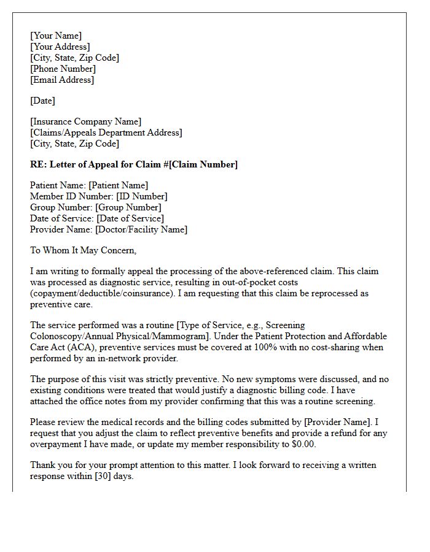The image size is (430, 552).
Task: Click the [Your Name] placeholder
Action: point(56,36)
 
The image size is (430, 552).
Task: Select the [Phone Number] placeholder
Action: point(63,69)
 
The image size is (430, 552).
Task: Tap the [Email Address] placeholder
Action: point(62,80)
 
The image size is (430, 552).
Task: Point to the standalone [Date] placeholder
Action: point(42,101)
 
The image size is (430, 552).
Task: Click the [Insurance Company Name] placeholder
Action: point(85,121)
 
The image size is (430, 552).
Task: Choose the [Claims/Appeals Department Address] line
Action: point(106,132)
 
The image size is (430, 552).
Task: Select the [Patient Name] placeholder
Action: point(118,185)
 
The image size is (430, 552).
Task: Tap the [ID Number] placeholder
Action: point(141,196)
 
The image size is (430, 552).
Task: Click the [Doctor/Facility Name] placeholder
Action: point(141,229)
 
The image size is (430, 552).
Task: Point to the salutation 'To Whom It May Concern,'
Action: point(83,250)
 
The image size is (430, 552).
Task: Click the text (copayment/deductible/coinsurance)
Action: point(101,293)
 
